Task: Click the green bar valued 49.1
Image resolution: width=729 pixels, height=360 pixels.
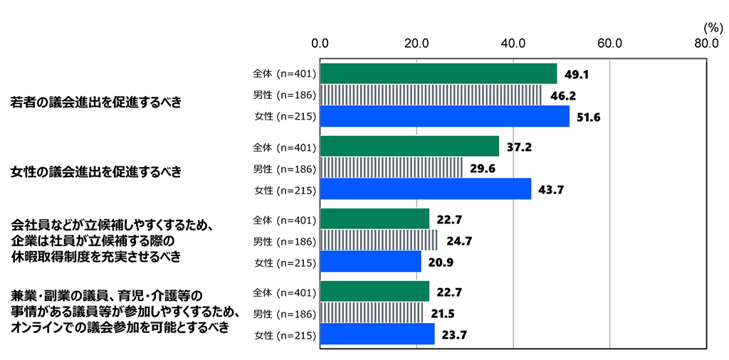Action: point(439,73)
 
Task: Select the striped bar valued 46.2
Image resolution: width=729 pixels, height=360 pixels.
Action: point(431,95)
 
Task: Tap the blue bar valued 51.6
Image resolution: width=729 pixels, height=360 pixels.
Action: point(445,116)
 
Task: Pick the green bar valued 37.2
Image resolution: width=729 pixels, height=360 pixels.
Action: point(410,147)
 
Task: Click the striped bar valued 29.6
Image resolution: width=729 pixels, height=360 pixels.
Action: point(392,167)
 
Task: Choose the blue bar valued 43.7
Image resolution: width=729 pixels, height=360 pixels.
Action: point(426,189)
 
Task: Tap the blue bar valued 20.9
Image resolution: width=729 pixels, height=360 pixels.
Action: point(371,263)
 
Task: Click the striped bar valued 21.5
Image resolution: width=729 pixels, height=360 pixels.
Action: point(372,313)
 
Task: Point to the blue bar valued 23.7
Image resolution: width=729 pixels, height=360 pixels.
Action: point(377,334)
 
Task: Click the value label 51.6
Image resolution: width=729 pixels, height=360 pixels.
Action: point(587,117)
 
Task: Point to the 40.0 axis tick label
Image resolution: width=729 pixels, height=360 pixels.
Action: point(513,43)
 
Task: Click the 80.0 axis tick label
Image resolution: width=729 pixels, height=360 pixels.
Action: point(706,43)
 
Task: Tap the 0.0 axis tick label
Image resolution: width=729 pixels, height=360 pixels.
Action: point(320,43)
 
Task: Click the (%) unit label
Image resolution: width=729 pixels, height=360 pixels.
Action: point(712,27)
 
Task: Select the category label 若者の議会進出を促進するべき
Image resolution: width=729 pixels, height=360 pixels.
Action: point(95,102)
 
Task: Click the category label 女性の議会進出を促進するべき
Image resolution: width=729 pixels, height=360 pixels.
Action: point(95,171)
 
